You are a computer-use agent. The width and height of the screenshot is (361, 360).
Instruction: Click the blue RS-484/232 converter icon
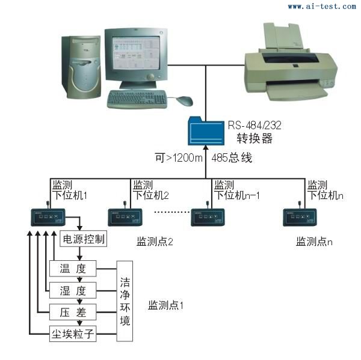pos(205,132)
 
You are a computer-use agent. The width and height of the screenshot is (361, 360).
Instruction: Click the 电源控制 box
pos(84,239)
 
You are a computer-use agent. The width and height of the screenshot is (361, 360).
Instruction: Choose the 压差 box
pos(73,312)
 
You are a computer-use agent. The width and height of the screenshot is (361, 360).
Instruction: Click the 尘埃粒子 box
pos(73,334)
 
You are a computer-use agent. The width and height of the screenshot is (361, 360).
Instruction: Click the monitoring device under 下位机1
pos(48,218)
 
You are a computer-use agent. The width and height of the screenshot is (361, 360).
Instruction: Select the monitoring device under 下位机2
pos(125,216)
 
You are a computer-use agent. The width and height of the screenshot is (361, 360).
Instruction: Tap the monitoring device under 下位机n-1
pos(208,216)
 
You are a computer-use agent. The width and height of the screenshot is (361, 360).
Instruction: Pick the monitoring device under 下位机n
pos(300,216)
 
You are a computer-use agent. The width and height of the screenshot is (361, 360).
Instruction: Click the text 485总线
pos(231,159)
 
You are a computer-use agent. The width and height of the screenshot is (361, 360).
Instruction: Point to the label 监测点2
pos(155,242)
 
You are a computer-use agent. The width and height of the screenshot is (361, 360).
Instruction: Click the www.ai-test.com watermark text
pos(321,6)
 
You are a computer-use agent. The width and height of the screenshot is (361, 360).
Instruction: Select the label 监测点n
pos(314,241)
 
